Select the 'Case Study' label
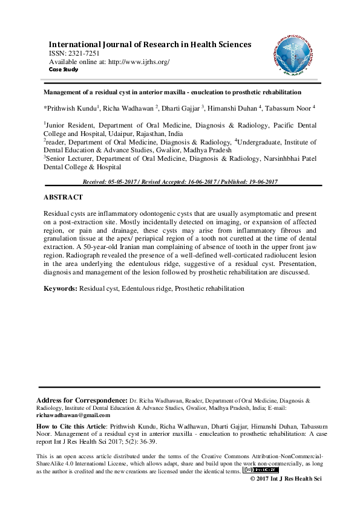pos(63,69)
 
